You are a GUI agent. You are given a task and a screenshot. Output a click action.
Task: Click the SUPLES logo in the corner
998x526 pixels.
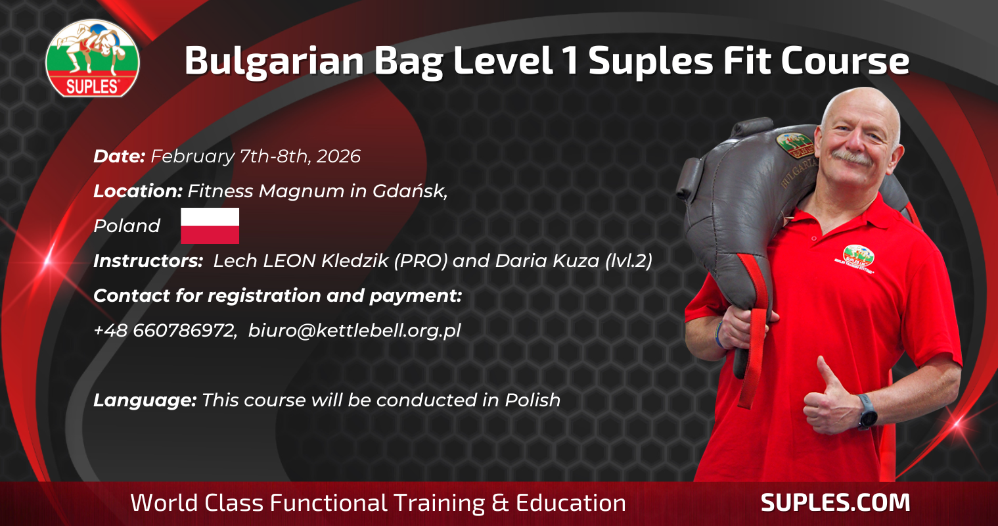(x=92, y=58)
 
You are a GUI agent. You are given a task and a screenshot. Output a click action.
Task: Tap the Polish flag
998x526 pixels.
(x=210, y=226)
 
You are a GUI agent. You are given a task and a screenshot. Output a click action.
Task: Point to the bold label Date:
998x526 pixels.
(x=119, y=156)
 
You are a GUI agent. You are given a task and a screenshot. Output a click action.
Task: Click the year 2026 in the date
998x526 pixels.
(x=338, y=156)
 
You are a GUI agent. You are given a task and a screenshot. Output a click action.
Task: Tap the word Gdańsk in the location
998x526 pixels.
(x=410, y=191)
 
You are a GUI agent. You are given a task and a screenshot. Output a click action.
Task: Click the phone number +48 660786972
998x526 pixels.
(x=165, y=331)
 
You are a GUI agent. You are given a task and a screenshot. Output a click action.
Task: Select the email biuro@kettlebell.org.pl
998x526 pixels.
(x=355, y=331)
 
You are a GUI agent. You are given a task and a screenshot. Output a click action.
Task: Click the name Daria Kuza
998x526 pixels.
(x=547, y=261)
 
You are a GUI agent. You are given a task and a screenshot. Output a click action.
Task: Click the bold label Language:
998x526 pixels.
(x=145, y=400)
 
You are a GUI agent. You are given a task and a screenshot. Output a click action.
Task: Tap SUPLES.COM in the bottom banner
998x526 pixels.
(x=835, y=503)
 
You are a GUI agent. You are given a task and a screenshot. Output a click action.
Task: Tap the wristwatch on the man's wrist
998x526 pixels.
(x=868, y=412)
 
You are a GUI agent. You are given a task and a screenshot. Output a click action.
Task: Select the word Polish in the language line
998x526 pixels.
(x=532, y=400)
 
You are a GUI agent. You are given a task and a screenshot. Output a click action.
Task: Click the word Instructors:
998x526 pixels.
(x=148, y=261)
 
